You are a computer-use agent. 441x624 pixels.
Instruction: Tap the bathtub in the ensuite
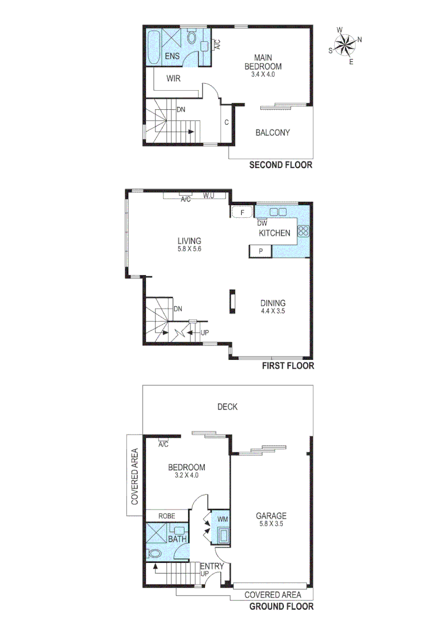(154, 46)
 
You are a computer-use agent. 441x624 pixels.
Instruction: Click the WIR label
(174, 78)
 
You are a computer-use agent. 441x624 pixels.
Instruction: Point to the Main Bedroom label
(268, 62)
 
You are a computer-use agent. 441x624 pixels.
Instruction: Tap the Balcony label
(272, 132)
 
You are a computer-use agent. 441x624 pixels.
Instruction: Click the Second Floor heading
(281, 165)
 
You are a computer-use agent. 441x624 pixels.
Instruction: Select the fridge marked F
(242, 213)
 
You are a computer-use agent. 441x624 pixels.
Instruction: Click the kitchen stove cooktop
(303, 231)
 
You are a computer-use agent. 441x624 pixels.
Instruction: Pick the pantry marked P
(260, 251)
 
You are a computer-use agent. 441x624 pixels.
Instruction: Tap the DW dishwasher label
(262, 223)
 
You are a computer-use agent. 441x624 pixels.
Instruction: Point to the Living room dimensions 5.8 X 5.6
(189, 249)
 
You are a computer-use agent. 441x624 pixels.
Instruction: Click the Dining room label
(273, 303)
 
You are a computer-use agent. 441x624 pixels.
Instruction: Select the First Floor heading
(288, 366)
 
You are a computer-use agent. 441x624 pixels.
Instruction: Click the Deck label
(227, 407)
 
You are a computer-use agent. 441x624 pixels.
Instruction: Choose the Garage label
(273, 516)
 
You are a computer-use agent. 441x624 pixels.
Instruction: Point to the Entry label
(211, 566)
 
